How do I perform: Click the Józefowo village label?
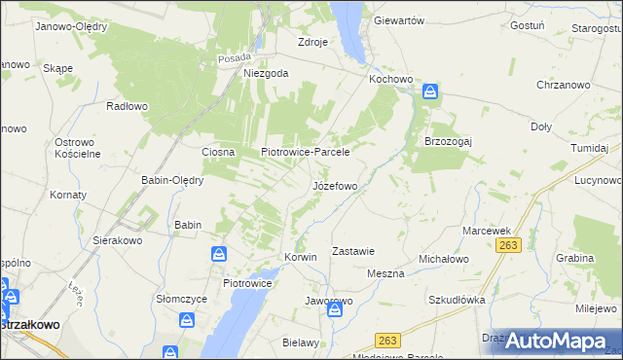(340, 186)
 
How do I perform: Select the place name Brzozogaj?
(448, 140)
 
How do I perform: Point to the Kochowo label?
(392, 78)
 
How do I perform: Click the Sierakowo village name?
(118, 239)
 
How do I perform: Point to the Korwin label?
(301, 257)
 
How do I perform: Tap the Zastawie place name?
(353, 251)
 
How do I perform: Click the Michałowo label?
(444, 260)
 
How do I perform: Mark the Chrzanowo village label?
(563, 86)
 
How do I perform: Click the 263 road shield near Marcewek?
(506, 246)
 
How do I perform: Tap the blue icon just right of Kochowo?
(430, 92)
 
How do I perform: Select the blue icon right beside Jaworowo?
(335, 309)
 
